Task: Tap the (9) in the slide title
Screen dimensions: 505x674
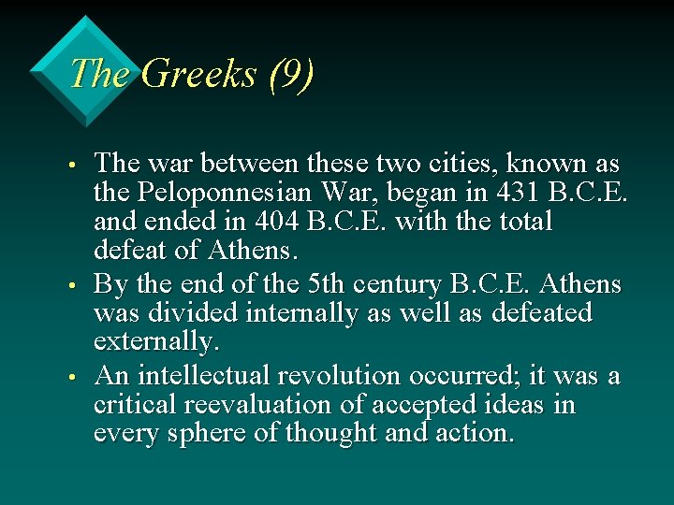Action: [290, 73]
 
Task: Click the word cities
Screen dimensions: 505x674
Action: [462, 164]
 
